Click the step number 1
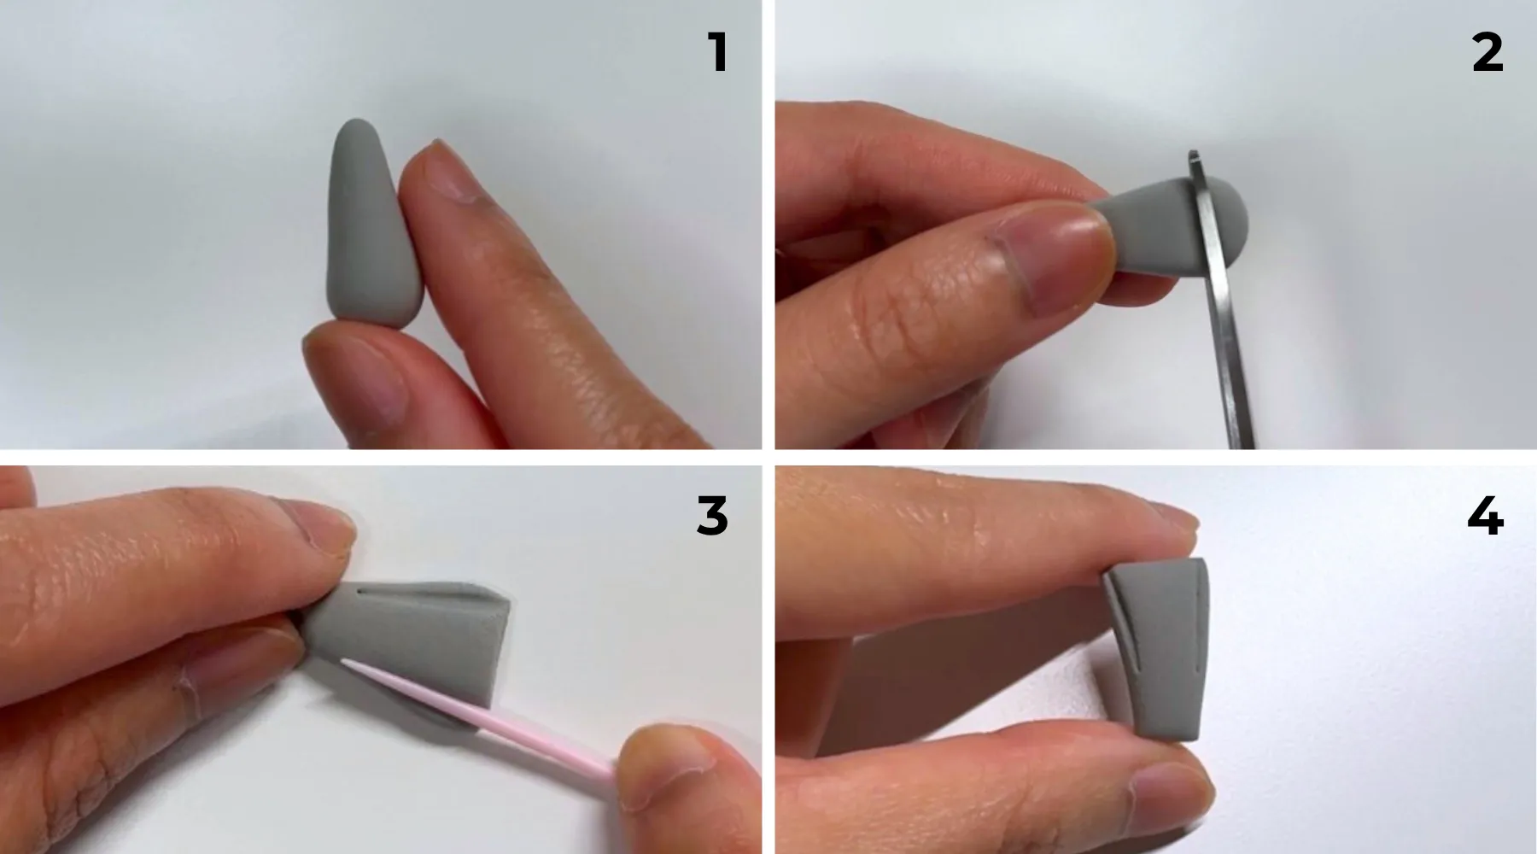718,53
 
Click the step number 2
1487,53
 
